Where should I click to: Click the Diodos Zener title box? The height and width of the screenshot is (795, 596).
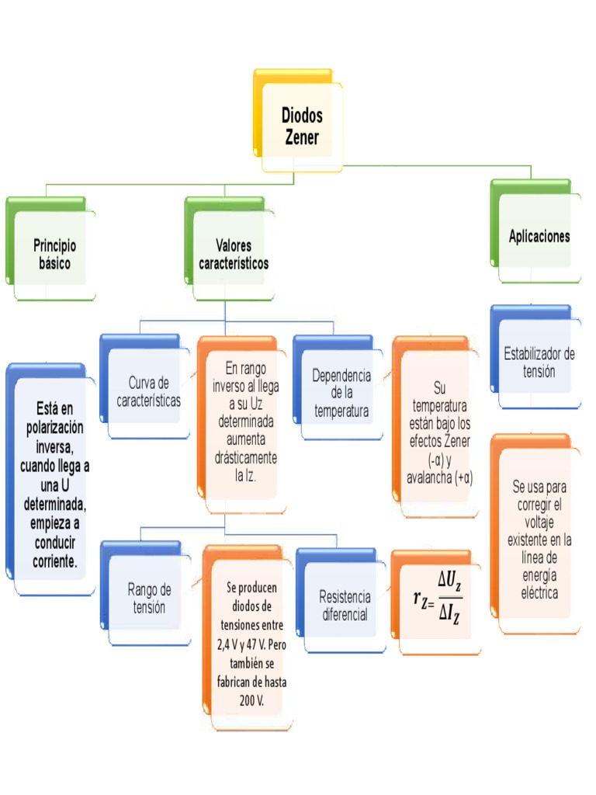pos(301,127)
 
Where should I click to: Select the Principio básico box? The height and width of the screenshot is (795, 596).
pos(55,254)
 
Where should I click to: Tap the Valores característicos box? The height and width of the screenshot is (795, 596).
pos(234,254)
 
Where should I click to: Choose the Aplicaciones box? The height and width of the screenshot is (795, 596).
pos(539,236)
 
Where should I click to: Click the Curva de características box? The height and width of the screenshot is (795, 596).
pos(147,391)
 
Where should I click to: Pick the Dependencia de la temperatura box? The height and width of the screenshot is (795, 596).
pos(341,393)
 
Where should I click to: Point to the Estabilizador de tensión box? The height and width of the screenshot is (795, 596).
pos(539,363)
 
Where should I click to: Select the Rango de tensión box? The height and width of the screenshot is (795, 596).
pos(149,598)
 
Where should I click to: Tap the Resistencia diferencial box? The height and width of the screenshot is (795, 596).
pos(345,606)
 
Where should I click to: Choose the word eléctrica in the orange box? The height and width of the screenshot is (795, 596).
pos(539,593)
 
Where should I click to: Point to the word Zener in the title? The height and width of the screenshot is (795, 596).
pos(302,138)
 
